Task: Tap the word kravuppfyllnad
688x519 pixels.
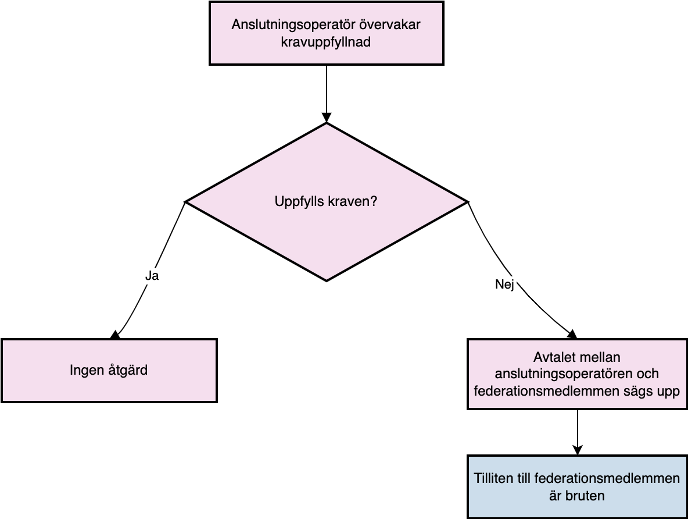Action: (x=326, y=42)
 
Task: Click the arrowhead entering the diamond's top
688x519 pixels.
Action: (x=327, y=118)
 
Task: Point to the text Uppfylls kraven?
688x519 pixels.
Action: (x=326, y=202)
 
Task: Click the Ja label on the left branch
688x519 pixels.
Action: (x=152, y=276)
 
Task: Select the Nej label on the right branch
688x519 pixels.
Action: (x=504, y=285)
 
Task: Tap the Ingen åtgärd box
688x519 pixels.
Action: (x=109, y=371)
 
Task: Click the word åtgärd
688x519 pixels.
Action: (x=128, y=370)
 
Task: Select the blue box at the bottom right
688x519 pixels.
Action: (x=578, y=487)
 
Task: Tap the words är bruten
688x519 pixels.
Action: (x=577, y=496)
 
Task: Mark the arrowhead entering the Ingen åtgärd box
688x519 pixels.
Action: (x=116, y=335)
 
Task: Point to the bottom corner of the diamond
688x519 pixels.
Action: (x=327, y=281)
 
